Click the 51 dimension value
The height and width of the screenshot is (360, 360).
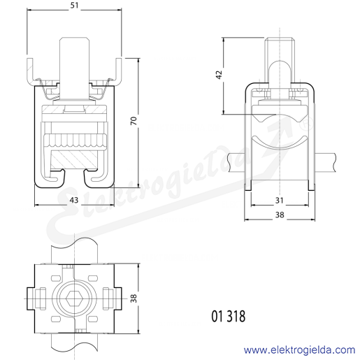point(74,6)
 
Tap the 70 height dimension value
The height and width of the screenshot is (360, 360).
point(134,121)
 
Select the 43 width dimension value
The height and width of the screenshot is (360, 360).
point(74,200)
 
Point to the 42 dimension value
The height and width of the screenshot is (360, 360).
point(219,74)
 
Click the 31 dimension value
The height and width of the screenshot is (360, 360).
point(279,201)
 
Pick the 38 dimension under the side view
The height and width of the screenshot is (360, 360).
point(280,215)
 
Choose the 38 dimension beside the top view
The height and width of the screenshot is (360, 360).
point(134,298)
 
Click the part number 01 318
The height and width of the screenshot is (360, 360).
point(229,316)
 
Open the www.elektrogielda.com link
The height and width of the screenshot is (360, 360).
point(299,350)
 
